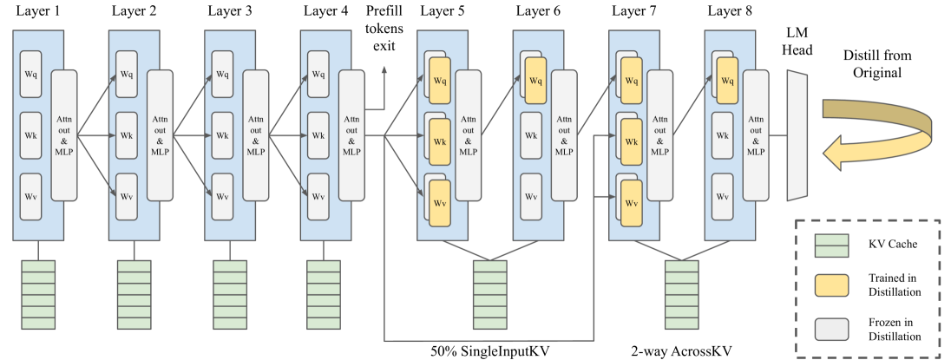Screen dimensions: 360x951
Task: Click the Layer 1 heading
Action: tap(39, 11)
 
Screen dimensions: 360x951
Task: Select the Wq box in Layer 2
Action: tap(128, 74)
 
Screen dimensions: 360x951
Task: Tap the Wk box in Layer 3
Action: tap(223, 135)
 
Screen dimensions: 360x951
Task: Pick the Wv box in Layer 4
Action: tap(318, 197)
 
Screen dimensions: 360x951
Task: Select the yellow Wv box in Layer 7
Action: tap(631, 203)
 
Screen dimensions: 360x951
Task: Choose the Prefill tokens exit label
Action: tap(384, 27)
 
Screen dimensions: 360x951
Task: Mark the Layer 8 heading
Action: tap(730, 11)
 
